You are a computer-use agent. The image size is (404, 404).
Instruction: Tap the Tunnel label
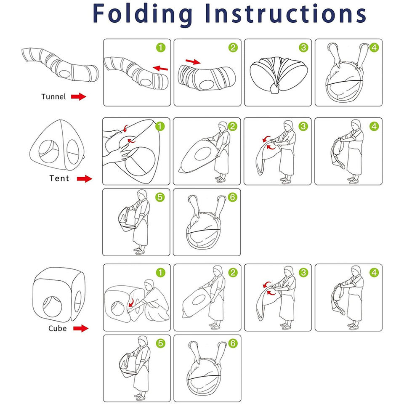click(53, 97)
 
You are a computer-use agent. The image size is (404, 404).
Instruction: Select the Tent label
click(59, 178)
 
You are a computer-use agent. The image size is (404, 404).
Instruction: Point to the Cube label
click(57, 328)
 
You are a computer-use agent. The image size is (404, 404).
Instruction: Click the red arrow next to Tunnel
click(78, 97)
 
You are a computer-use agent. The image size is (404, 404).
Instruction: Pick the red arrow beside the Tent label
click(85, 179)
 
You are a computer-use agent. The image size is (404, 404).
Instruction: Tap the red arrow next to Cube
click(81, 328)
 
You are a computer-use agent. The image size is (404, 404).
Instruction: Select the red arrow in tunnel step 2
click(193, 62)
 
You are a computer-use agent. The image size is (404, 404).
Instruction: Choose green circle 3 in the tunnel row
click(303, 48)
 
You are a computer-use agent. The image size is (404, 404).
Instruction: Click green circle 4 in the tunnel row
click(374, 48)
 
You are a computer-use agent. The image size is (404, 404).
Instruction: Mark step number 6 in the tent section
click(232, 197)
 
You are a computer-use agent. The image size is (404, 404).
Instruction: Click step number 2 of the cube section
click(232, 272)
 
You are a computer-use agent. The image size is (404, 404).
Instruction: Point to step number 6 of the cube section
click(232, 343)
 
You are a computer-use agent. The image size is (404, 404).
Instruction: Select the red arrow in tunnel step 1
click(161, 67)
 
